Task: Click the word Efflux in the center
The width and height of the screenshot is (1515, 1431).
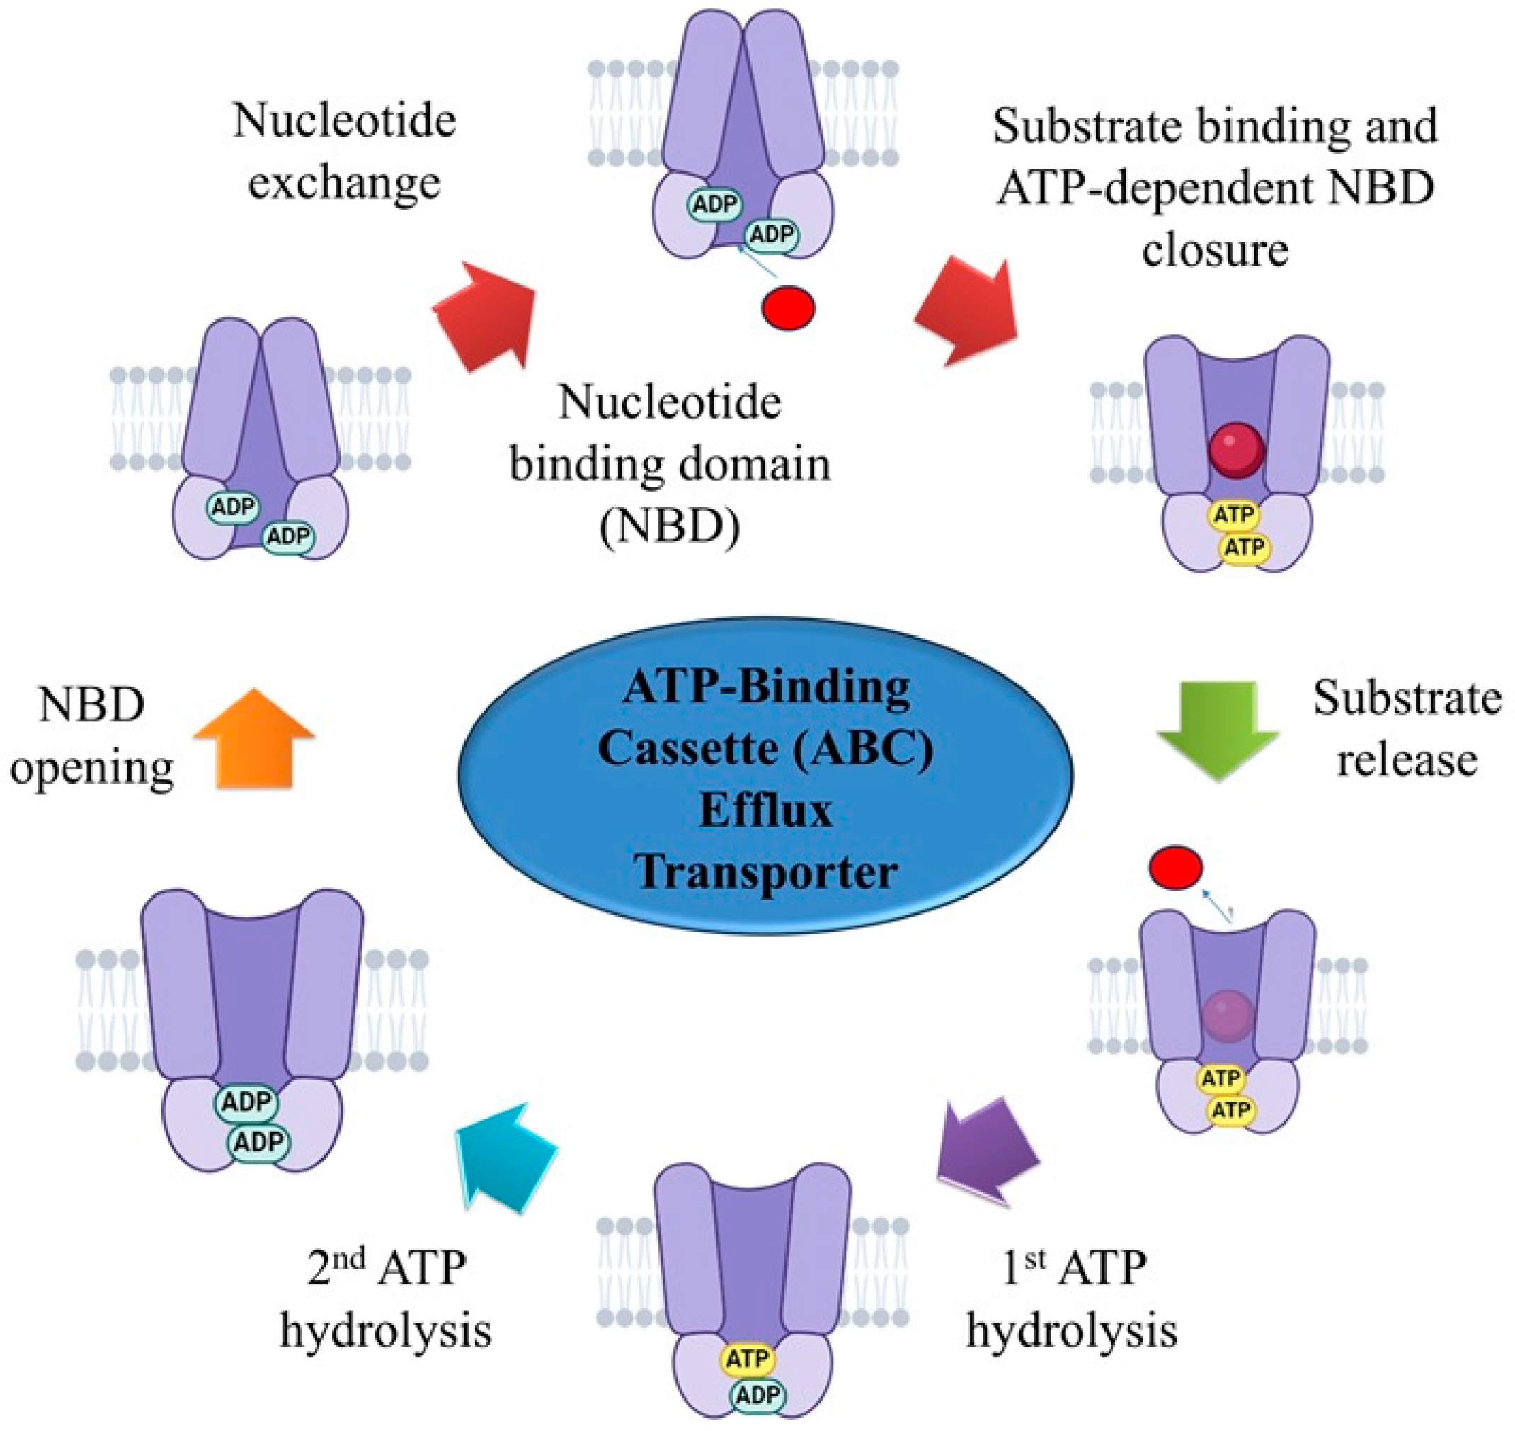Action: point(765,811)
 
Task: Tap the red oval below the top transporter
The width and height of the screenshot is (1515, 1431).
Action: point(789,307)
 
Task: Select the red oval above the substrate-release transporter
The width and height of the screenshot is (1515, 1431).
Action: point(1176,868)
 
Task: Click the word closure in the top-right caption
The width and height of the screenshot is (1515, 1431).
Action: point(1215,249)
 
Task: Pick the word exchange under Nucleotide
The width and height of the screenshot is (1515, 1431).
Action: point(344,183)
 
